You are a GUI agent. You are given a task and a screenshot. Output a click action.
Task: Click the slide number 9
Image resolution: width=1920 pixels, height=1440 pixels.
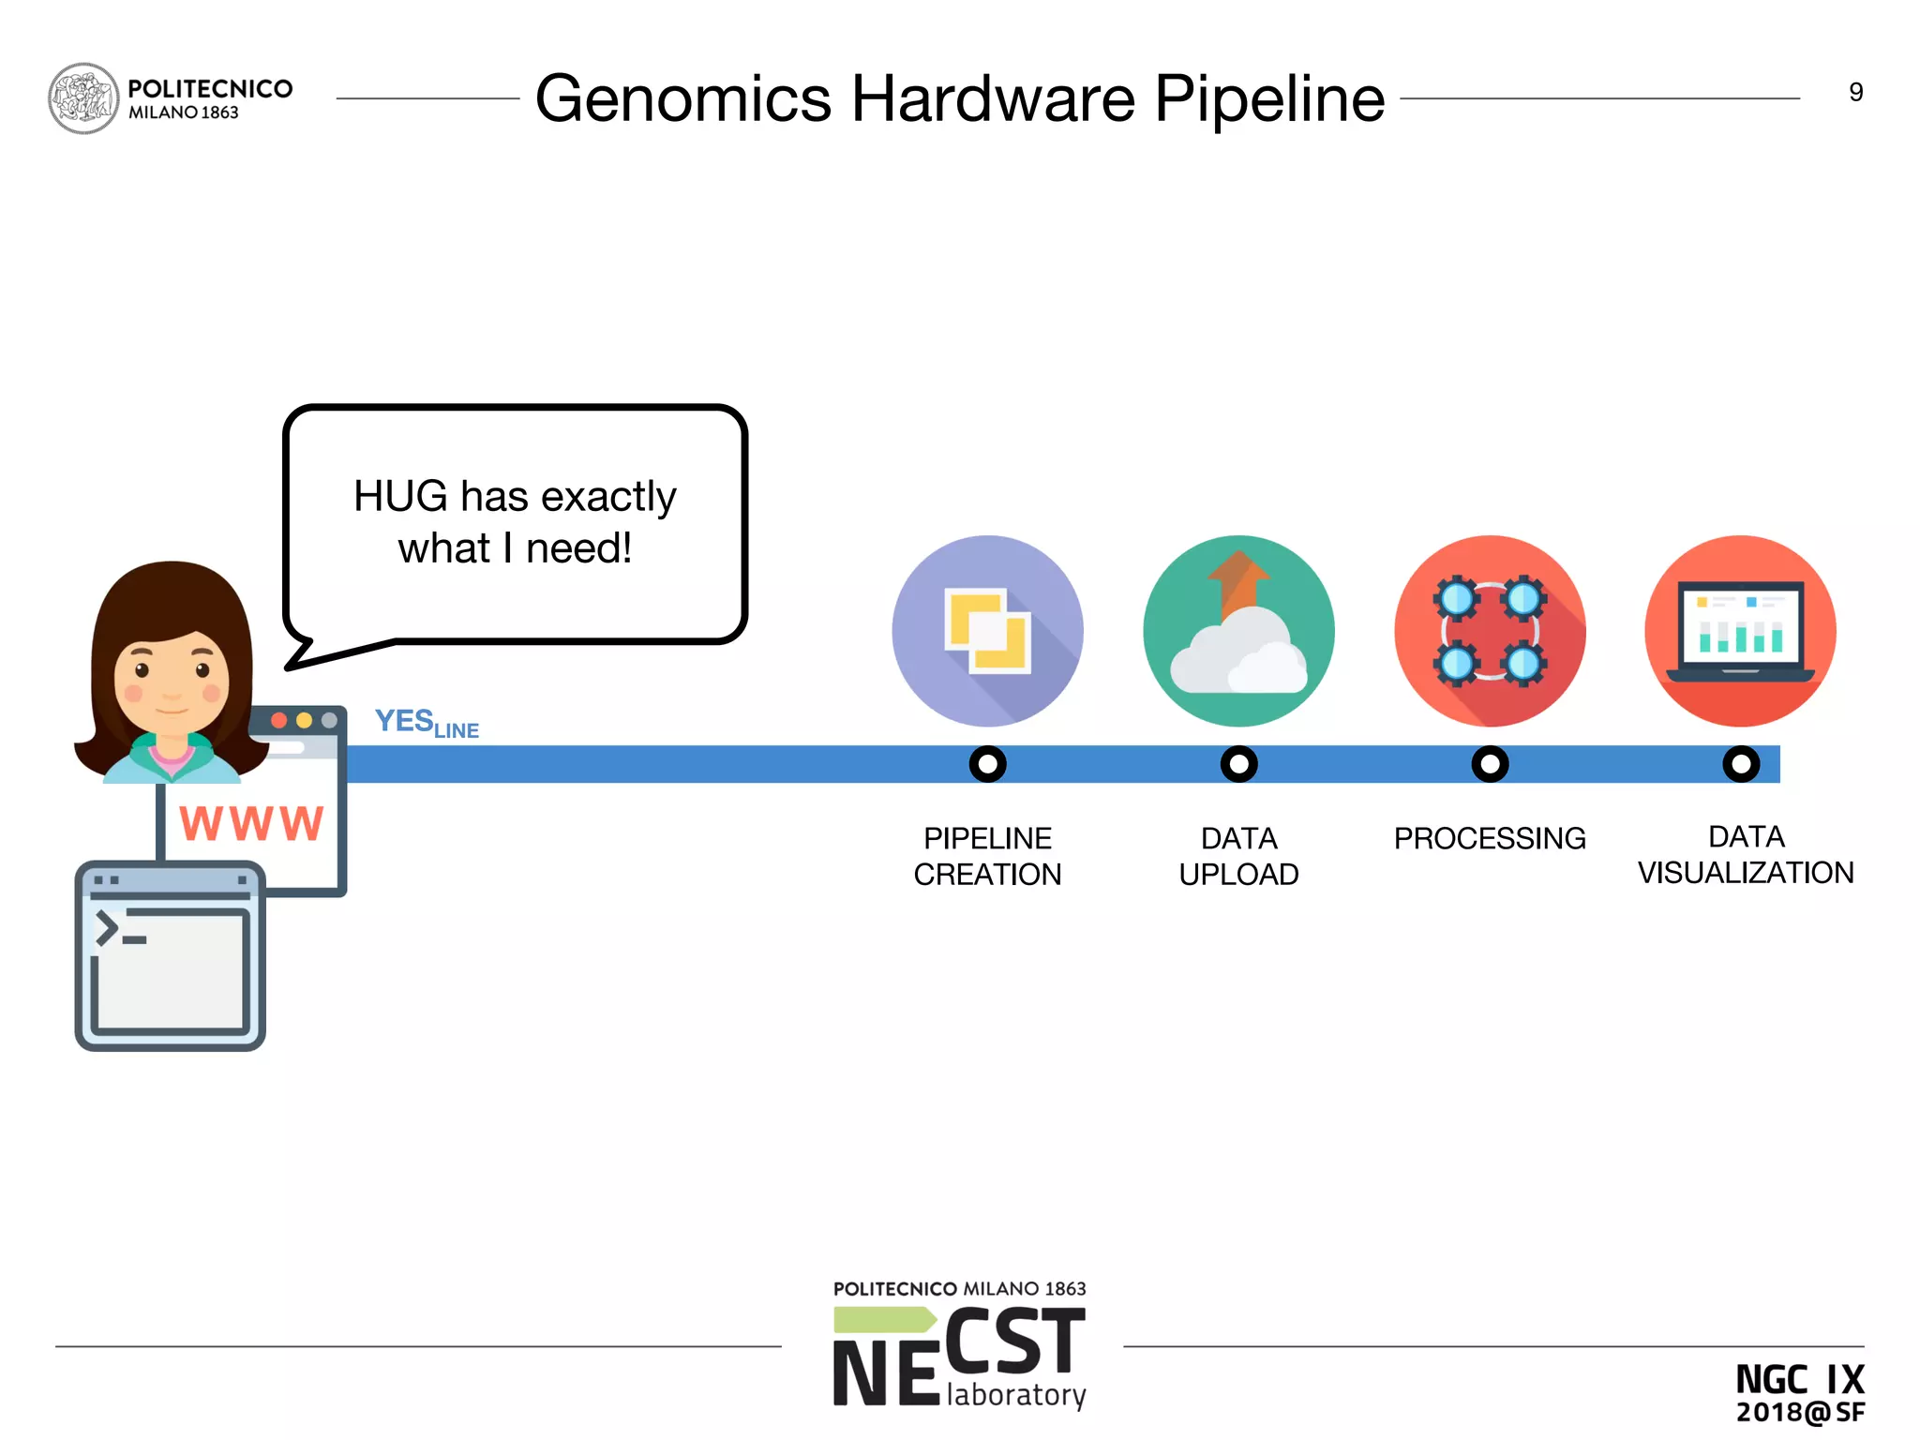pos(1855,92)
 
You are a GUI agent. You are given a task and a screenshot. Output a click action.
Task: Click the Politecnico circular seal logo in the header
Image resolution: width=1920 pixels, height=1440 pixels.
pos(83,98)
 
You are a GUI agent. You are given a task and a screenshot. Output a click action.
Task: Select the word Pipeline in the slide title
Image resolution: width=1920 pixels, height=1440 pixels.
pos(1268,98)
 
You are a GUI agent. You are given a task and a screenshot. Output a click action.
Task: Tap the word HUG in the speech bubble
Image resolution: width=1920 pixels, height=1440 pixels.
pos(400,496)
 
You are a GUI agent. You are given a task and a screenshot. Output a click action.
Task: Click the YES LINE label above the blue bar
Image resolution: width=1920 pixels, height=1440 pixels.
pos(427,723)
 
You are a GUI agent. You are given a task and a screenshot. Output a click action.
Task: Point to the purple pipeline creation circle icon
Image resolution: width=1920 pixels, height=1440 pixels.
pos(987,631)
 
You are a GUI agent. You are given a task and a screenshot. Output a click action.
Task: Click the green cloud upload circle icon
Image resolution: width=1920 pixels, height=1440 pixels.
pos(1238,631)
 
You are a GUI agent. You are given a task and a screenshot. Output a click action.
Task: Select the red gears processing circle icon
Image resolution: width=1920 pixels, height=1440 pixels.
pos(1490,631)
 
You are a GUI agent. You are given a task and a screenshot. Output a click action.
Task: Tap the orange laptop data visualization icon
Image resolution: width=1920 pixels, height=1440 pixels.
pos(1740,631)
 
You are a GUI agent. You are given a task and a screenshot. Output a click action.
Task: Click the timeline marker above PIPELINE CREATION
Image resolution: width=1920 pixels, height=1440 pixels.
pos(987,764)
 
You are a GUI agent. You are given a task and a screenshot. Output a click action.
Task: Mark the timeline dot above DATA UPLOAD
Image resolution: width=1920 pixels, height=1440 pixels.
pos(1238,764)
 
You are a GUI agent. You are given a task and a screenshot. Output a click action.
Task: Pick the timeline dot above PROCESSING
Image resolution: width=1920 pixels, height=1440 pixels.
pos(1490,764)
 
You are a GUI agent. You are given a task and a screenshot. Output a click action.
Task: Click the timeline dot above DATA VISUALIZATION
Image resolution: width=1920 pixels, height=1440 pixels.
pos(1741,764)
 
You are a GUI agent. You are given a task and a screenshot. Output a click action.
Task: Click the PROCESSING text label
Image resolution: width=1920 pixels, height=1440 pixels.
pos(1490,838)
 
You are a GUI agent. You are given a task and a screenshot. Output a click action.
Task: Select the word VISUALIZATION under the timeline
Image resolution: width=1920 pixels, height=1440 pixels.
pos(1746,873)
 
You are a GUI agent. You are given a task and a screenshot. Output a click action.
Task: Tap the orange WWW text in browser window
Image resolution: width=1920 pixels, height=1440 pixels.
pos(251,824)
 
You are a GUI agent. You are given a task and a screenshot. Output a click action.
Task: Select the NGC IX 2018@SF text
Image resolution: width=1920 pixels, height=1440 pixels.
pos(1799,1393)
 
